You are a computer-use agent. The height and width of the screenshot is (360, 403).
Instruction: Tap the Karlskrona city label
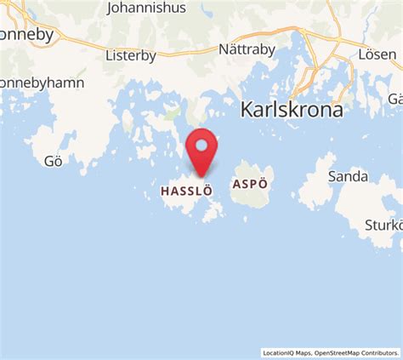point(292,110)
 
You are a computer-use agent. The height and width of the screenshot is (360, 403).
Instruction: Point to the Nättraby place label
point(247,49)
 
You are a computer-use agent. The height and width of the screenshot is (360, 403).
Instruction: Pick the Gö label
point(54,162)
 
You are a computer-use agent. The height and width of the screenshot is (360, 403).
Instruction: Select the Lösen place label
point(377,53)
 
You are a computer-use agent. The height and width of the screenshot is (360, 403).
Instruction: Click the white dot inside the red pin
point(201,145)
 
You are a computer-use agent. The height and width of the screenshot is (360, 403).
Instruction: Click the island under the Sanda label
point(318,191)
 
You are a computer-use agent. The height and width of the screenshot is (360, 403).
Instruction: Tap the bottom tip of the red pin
point(201,176)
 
